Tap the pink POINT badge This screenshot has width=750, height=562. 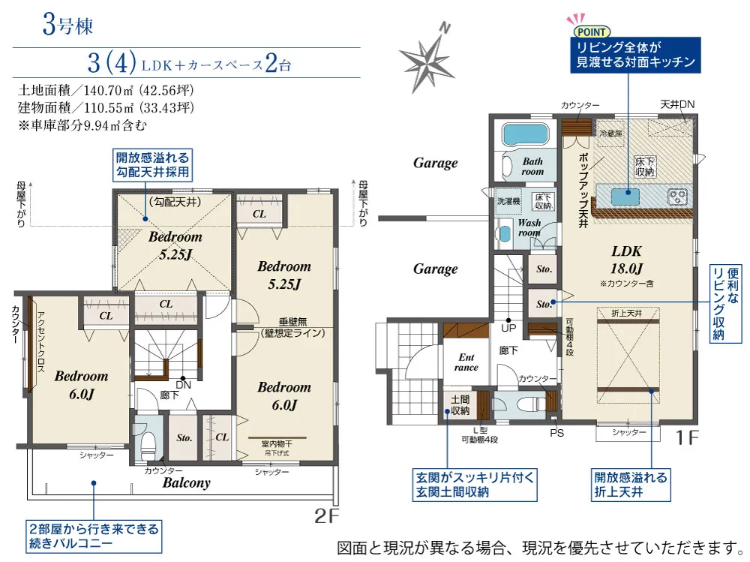click(592, 32)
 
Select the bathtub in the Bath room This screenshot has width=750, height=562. click(525, 134)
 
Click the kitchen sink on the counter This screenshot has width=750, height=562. click(625, 197)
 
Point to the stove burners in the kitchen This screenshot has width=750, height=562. click(678, 197)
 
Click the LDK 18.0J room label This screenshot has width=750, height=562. click(626, 260)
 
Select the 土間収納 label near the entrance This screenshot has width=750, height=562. click(460, 405)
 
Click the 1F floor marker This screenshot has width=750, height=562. click(687, 437)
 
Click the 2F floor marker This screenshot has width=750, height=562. click(327, 515)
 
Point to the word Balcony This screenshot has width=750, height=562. click(187, 482)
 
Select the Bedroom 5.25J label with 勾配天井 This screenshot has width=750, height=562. click(175, 245)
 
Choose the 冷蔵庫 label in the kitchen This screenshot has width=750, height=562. click(610, 134)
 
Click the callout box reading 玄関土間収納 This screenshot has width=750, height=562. click(475, 485)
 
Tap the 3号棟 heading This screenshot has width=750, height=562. click(67, 25)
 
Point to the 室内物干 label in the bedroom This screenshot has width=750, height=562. click(277, 444)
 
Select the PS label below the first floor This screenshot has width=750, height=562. click(556, 433)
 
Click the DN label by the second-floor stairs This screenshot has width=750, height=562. click(183, 385)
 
